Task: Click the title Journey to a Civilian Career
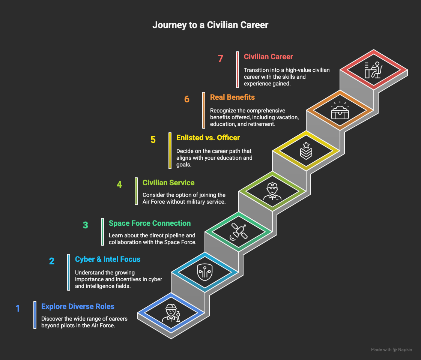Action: [210, 25]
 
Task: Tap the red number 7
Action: [220, 58]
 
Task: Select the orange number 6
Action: [187, 99]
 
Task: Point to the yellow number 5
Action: [153, 140]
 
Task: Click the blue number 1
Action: [18, 309]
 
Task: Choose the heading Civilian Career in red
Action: [268, 57]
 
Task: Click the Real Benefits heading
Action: [232, 97]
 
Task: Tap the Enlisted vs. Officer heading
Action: [208, 138]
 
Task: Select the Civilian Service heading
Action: [168, 183]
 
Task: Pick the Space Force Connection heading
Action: [150, 223]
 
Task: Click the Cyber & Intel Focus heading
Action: [108, 259]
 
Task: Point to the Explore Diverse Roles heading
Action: [78, 306]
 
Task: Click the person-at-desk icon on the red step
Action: [373, 70]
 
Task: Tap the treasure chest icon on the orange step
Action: [340, 110]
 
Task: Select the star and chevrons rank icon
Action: [306, 151]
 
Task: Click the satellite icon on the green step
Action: [238, 231]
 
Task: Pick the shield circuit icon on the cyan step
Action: [205, 272]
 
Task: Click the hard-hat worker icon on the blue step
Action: [171, 313]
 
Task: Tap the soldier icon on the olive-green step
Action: [272, 192]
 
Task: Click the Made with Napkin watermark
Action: [391, 349]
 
